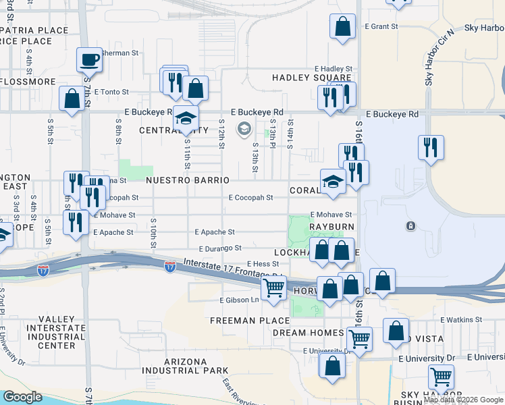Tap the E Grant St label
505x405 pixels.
pos(381,27)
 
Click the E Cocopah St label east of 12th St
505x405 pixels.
pos(250,198)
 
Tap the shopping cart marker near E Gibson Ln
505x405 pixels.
pos(274,288)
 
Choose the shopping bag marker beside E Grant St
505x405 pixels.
pos(343,28)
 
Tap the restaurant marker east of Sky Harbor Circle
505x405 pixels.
pos(431,147)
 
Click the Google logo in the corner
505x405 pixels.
pos(22,397)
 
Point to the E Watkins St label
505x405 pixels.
pos(461,319)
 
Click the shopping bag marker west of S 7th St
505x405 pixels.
pos(72,99)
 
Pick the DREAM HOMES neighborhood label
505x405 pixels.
pos(309,333)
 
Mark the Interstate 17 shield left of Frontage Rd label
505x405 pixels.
pos(169,267)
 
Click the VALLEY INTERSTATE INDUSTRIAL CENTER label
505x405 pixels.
pos(47,332)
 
